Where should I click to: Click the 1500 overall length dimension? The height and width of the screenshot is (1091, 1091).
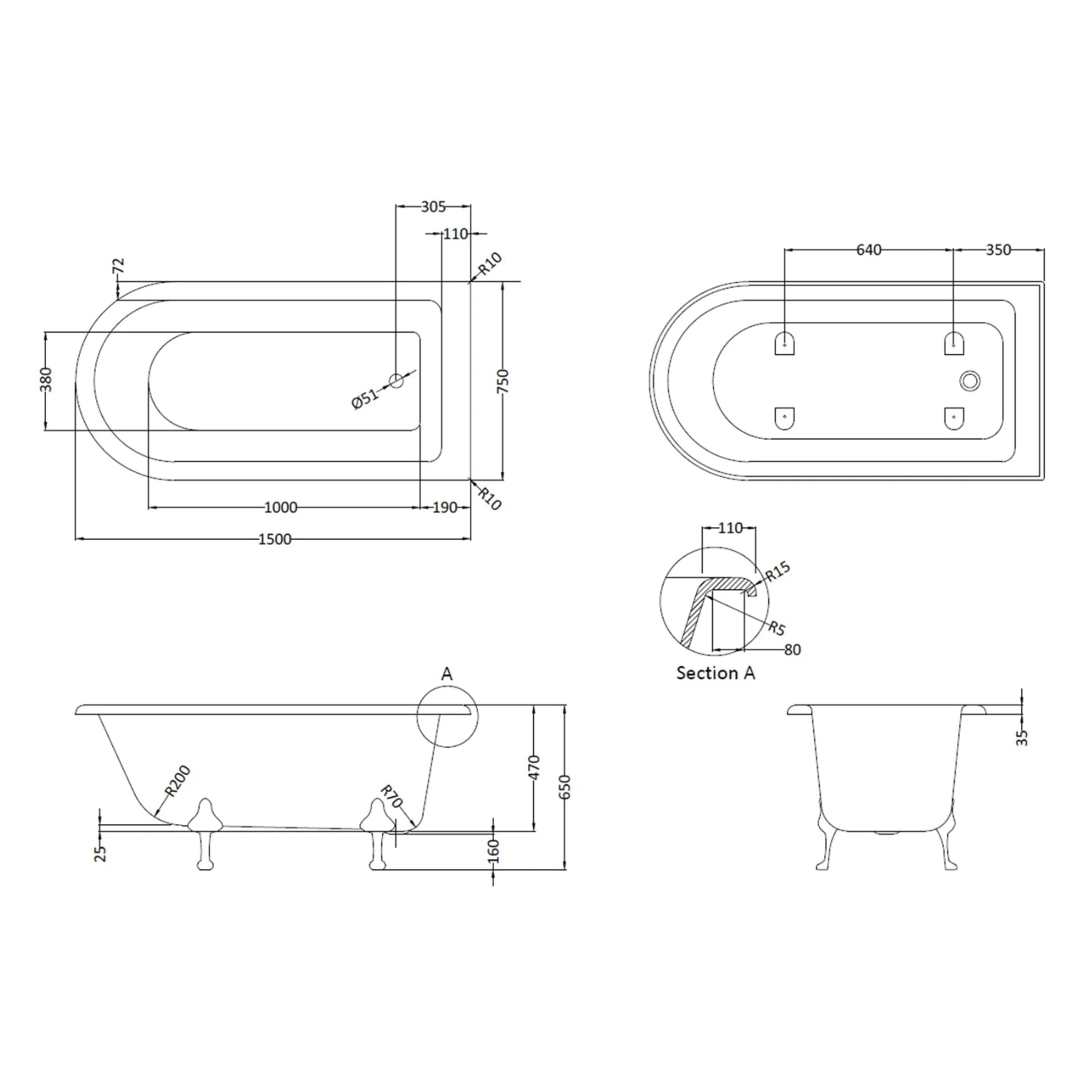coord(275,539)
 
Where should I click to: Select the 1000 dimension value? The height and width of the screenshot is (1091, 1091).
coord(280,507)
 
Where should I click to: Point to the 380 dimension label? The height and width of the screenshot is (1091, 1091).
coord(46,380)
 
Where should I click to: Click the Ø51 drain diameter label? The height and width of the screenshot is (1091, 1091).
coord(366,399)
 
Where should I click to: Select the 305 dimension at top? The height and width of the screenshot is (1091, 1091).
coord(433,207)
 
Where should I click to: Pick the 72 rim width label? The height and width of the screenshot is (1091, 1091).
coord(119,265)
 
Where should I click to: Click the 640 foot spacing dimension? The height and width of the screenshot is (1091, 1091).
coord(868,250)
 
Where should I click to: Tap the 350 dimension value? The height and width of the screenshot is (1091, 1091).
coord(998,250)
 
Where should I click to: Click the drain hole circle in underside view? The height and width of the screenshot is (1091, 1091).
coord(970,380)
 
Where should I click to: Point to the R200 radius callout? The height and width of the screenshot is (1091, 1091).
coord(177,781)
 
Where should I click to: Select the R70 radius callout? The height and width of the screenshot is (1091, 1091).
coord(392,796)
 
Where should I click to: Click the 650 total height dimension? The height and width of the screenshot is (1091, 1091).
coord(566,787)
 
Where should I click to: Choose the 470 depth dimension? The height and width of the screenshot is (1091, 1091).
coord(534,768)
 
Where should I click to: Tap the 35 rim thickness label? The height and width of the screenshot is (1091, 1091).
coord(1022,737)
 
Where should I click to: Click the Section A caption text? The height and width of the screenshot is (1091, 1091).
coord(716,674)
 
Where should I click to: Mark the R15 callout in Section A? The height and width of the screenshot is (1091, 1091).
coord(778,572)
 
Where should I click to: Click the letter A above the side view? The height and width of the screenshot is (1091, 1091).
coord(447,674)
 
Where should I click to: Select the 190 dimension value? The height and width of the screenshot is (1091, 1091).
coord(444,507)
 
